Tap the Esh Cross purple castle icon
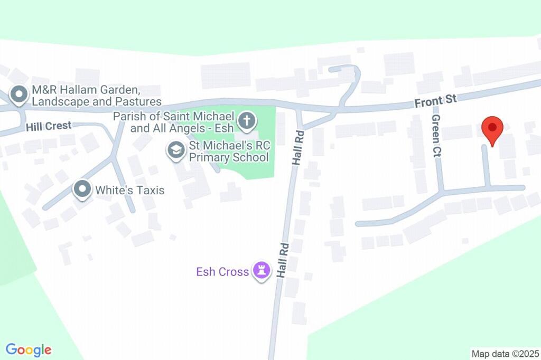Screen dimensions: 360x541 pyautogui.click(x=261, y=272)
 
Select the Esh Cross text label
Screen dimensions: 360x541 pyautogui.click(x=222, y=272)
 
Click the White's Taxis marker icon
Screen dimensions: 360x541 pyautogui.click(x=82, y=190)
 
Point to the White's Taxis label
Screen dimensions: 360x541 pyautogui.click(x=129, y=190)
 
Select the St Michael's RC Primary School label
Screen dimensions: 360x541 pyautogui.click(x=229, y=151)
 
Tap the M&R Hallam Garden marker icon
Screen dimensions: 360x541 pyautogui.click(x=20, y=95)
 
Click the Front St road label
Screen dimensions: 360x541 pyautogui.click(x=435, y=101)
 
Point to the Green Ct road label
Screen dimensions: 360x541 pyautogui.click(x=436, y=137)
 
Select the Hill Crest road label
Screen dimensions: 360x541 pyautogui.click(x=48, y=127)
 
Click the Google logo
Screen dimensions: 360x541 pyautogui.click(x=29, y=349)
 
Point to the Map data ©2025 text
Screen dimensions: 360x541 pyautogui.click(x=505, y=353)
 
